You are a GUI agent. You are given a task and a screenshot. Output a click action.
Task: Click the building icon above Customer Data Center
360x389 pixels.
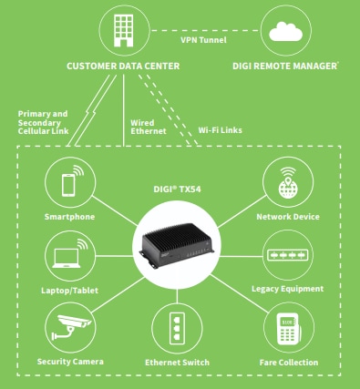pos(124,29)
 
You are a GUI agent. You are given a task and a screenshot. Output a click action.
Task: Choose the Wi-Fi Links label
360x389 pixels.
pos(220,130)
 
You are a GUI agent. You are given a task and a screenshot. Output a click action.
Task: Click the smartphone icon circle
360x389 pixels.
pos(69,183)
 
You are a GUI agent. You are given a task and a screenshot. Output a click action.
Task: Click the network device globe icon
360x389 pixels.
pos(287,183)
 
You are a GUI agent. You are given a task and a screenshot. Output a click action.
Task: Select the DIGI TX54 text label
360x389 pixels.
pos(178,189)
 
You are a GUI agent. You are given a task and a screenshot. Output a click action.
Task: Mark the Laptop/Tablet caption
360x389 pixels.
pos(69,290)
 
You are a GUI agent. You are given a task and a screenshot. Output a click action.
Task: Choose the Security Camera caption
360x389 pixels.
pos(69,362)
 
